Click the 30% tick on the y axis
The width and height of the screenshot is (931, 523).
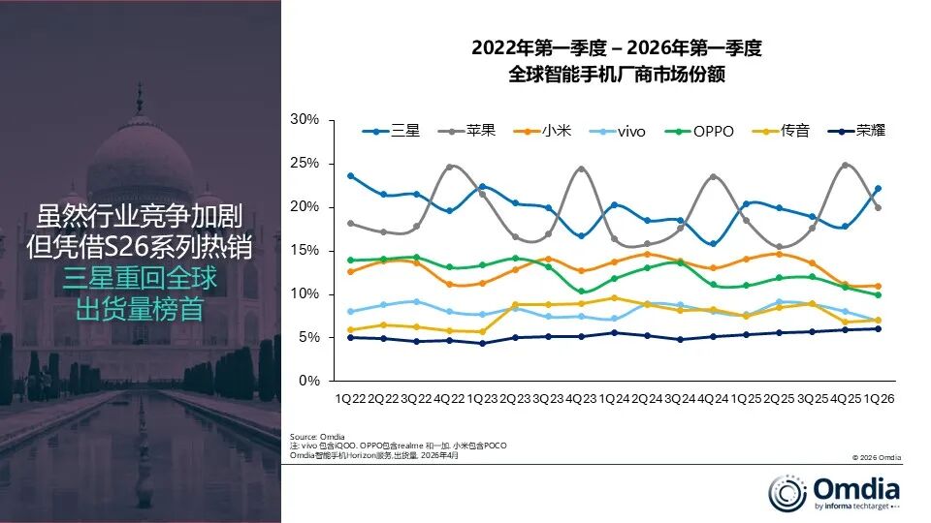pyautogui.click(x=305, y=120)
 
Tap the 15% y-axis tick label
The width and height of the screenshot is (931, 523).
pyautogui.click(x=305, y=250)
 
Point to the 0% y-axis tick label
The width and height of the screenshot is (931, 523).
pyautogui.click(x=309, y=381)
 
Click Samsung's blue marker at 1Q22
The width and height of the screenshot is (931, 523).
pyautogui.click(x=350, y=176)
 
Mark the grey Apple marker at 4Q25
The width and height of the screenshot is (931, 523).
pyautogui.click(x=846, y=165)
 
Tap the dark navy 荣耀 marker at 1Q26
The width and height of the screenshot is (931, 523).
pyautogui.click(x=879, y=328)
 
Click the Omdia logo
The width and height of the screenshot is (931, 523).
pyautogui.click(x=835, y=489)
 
